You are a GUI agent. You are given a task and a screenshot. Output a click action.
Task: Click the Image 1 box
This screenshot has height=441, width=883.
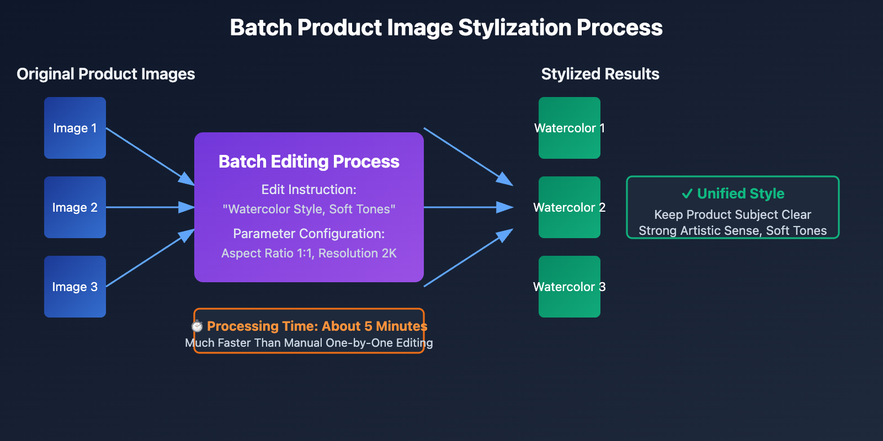pos(75,128)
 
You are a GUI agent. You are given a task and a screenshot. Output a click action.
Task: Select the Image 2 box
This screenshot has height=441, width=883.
pos(75,207)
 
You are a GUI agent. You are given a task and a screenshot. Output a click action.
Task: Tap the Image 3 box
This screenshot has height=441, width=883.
pos(75,287)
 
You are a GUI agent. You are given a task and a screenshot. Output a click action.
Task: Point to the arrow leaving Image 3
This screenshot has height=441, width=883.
pos(149,259)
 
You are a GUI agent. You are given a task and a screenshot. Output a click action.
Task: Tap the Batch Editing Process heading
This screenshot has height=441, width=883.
pos(309,162)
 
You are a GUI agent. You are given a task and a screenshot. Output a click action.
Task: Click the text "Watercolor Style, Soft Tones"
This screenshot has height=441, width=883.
pos(309,209)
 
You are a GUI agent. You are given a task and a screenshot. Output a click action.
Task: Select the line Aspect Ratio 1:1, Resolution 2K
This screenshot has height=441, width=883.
pos(309,254)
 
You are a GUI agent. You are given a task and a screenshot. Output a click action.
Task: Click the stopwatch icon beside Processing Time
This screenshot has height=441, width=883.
pos(197,326)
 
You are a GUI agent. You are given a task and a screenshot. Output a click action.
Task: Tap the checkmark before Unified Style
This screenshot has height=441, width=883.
pos(687,193)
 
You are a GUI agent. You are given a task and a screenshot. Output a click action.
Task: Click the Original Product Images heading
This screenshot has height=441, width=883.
pos(106,74)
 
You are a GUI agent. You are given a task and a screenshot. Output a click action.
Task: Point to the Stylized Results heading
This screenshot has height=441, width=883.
pos(600,74)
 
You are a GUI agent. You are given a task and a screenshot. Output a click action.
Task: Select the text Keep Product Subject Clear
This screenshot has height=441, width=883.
pos(732,214)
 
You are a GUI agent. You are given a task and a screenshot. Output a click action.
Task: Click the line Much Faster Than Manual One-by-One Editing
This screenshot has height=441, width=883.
pos(309,343)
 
